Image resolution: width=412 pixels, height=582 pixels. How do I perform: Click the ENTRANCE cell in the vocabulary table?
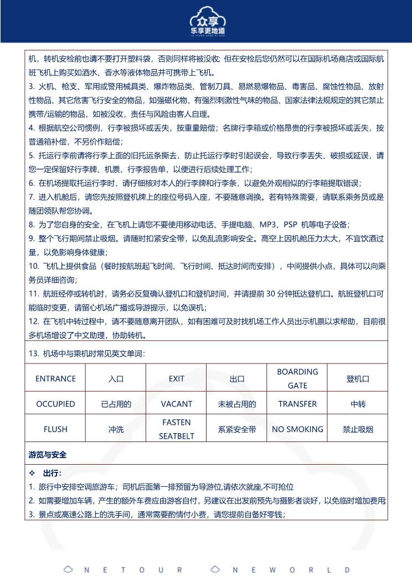[55, 378]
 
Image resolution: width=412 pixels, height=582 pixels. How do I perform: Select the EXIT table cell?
[177, 378]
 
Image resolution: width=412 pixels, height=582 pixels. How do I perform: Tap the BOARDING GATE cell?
[297, 378]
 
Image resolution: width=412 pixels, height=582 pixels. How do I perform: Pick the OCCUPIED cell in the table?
[55, 404]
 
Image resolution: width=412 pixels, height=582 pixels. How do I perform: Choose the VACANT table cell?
[177, 404]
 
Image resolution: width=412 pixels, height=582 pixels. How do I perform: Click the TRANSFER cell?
[297, 404]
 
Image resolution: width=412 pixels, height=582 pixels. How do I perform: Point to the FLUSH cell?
[55, 429]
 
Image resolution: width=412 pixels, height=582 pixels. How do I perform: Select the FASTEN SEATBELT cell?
[177, 429]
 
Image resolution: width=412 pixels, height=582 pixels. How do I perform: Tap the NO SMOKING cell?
[297, 429]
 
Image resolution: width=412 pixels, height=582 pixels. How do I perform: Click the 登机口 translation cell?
[358, 379]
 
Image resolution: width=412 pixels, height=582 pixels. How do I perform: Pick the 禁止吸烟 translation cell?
[358, 429]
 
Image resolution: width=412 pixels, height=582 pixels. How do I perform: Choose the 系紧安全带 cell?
[237, 429]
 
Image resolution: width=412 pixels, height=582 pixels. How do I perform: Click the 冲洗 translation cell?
[116, 429]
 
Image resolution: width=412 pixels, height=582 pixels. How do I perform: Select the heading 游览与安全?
[48, 455]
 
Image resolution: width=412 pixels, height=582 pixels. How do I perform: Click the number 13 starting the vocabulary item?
[33, 354]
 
